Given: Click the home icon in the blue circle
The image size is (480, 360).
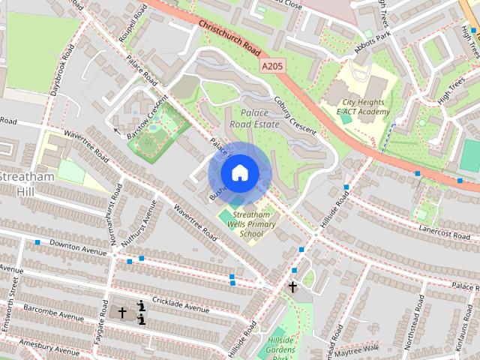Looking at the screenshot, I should tap(238, 173).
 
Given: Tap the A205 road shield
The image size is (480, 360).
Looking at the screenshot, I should tap(273, 67).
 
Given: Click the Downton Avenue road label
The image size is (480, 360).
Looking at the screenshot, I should tap(78, 244).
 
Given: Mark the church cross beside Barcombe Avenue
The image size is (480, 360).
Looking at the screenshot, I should tap(122, 311).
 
